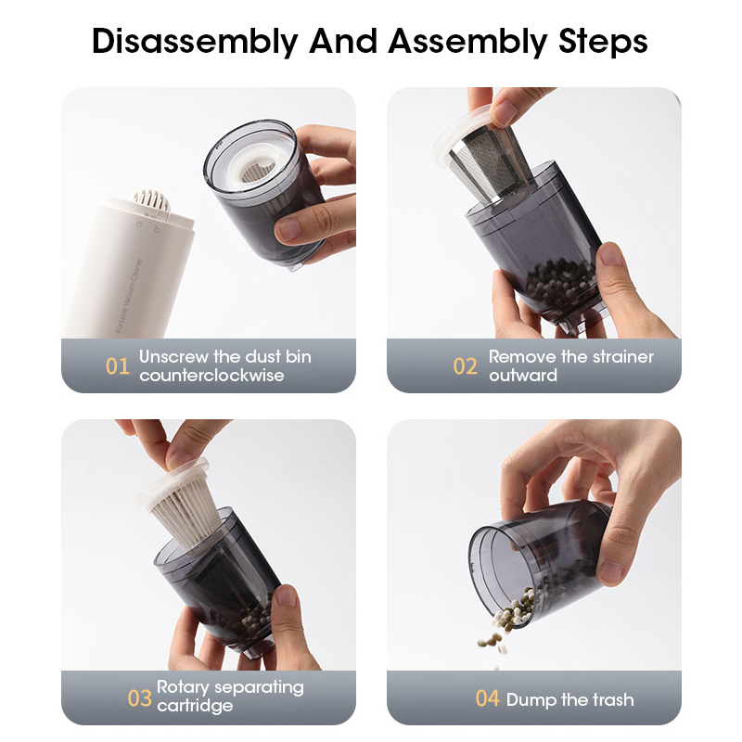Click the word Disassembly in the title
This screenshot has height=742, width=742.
[195, 42]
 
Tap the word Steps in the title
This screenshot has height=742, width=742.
[603, 42]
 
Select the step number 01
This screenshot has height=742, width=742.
[118, 366]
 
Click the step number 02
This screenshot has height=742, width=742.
[465, 366]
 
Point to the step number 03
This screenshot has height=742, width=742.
[140, 698]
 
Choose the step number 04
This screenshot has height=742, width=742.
[488, 698]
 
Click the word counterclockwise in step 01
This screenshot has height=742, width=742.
[211, 376]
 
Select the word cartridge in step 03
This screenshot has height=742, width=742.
[195, 706]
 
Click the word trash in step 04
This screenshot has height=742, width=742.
[612, 700]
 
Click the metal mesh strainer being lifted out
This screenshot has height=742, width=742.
[488, 163]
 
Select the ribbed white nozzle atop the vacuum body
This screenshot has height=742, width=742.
[151, 201]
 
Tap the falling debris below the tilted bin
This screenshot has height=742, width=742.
[493, 645]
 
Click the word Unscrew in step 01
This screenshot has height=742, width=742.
[173, 357]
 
